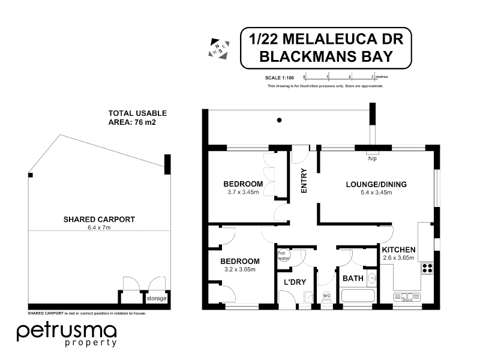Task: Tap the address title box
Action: pos(326,48)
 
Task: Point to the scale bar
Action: pos(338,77)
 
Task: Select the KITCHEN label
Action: pos(398,250)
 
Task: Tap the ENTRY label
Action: pos(304,181)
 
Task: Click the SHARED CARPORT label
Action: pos(99,219)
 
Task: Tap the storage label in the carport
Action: pos(157,298)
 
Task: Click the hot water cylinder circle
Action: pos(283,256)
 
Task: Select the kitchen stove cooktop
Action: pos(427,268)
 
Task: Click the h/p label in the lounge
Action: pos(372,159)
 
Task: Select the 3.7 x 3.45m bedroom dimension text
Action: pos(243,192)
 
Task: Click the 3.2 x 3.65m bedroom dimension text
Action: pos(239,269)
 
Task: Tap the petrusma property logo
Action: pos(67,334)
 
